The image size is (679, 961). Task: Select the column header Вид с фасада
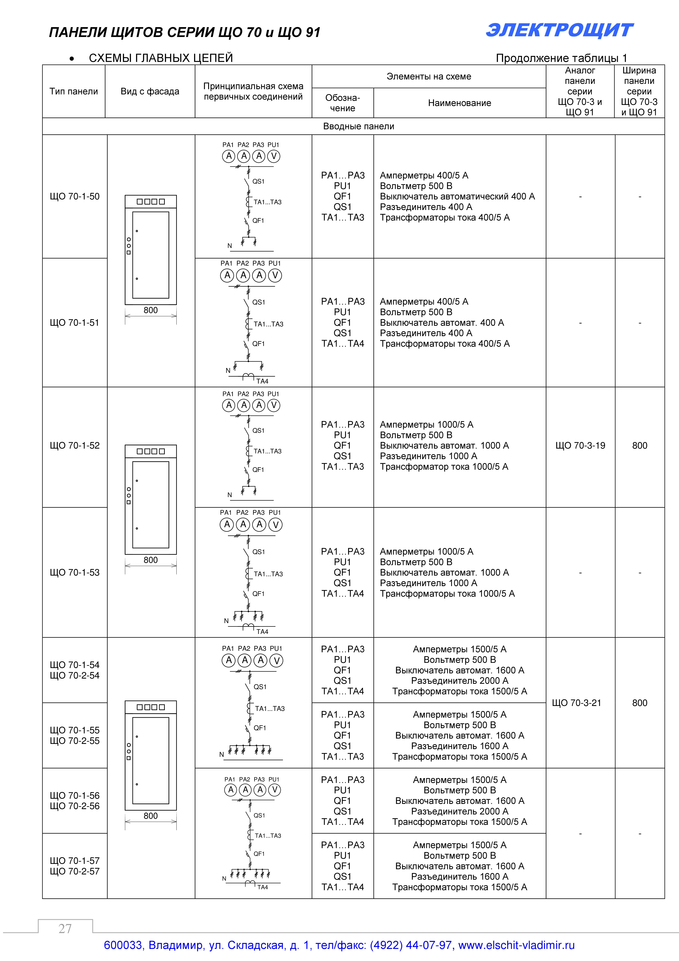pyautogui.click(x=150, y=91)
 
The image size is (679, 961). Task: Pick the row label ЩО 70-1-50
pyautogui.click(x=74, y=196)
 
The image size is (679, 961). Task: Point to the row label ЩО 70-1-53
pyautogui.click(x=74, y=572)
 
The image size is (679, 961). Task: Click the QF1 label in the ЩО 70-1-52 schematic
pyautogui.click(x=258, y=470)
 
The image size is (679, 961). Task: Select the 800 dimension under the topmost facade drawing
pyautogui.click(x=151, y=310)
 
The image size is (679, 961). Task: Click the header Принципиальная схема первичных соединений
pyautogui.click(x=253, y=91)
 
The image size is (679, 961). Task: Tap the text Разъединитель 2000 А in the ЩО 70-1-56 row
pyautogui.click(x=459, y=811)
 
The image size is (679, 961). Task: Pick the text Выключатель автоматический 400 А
pyautogui.click(x=457, y=196)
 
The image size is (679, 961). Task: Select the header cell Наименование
pyautogui.click(x=459, y=103)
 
